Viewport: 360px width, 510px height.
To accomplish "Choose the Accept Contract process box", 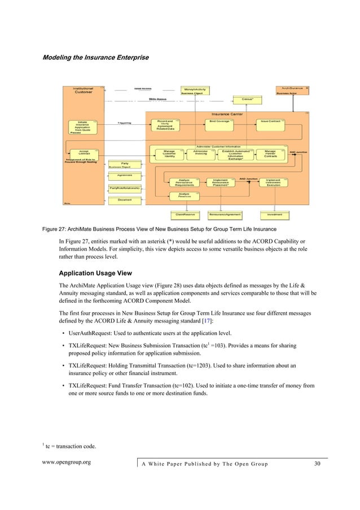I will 84,153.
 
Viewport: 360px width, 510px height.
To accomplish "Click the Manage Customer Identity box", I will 169,154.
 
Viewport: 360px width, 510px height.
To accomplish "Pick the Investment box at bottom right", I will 275,215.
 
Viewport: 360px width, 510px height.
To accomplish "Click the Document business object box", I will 125,200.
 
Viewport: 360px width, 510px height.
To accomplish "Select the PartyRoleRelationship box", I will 125,188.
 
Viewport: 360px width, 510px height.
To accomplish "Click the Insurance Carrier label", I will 227,114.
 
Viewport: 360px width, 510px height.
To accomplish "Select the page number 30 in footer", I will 317,464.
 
